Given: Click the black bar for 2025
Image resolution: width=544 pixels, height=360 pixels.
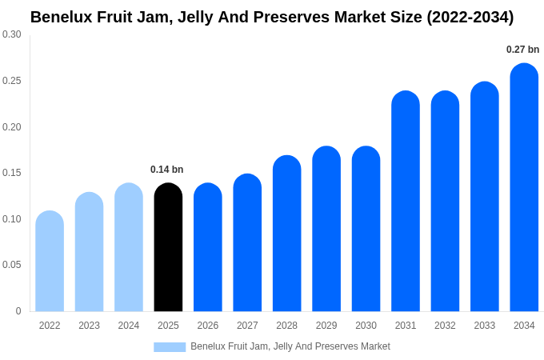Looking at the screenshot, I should pos(168,248).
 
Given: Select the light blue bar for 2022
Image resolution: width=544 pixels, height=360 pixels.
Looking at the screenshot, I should pos(50,262).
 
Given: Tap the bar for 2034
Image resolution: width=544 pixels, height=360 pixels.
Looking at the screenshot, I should pos(524,188).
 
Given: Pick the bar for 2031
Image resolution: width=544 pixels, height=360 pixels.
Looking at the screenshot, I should pos(406,202).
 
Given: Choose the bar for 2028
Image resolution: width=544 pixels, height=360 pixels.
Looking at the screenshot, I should pos(286,234).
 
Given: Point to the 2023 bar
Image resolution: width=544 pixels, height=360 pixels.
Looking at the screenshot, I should pos(89,252).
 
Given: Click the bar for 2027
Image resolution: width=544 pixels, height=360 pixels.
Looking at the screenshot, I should pos(247,243).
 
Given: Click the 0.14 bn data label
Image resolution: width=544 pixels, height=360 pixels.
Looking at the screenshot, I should pos(166,170).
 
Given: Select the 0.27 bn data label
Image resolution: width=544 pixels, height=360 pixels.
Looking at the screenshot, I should pos(522,50).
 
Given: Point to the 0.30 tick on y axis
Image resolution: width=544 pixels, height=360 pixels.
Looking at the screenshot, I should pos(12,34).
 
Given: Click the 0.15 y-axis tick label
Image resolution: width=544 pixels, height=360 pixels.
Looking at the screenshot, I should pos(12,173).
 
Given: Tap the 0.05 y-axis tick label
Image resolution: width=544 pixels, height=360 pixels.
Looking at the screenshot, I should pos(12,265).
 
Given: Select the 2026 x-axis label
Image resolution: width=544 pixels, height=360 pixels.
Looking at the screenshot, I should pos(208,326).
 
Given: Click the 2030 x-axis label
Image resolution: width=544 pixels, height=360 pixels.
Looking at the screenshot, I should pos(366,326).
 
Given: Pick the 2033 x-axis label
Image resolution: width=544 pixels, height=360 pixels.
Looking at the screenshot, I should pos(484,326).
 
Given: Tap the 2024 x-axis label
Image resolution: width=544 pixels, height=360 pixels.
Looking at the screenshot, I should pos(129,326).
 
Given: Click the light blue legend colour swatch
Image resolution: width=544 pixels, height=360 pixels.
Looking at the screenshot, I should pos(170,347).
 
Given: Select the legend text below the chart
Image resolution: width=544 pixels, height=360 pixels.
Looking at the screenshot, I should pos(290,346).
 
